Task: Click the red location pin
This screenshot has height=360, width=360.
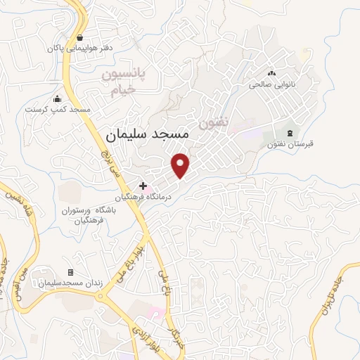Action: [x=181, y=165]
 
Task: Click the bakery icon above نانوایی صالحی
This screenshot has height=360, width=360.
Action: [x=271, y=73]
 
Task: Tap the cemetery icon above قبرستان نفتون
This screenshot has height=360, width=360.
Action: [x=290, y=134]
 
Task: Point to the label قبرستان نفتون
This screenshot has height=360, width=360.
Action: [x=290, y=145]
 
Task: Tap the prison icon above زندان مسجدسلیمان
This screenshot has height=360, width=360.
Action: [x=70, y=272]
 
